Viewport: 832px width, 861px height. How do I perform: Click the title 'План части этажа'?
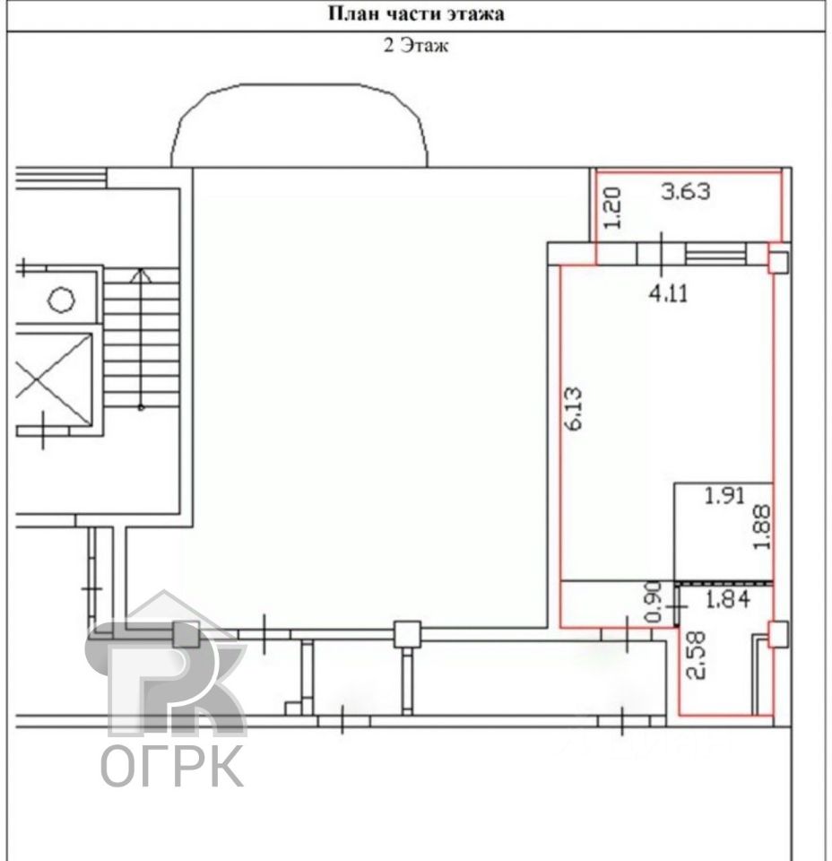coord(416,13)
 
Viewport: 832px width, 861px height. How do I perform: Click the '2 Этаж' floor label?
coord(415,45)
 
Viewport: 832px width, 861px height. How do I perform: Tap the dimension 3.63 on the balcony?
coord(686,192)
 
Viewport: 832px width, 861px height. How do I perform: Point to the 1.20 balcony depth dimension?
coord(612,208)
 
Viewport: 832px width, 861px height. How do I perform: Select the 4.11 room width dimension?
coord(669,294)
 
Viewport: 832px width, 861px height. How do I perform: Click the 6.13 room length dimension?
coord(573,409)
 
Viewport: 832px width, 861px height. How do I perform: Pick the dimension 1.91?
coord(724,496)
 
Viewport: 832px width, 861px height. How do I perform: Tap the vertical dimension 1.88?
coord(762,527)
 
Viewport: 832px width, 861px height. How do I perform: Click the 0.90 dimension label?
coord(654,602)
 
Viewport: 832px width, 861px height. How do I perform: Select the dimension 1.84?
coord(728,599)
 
